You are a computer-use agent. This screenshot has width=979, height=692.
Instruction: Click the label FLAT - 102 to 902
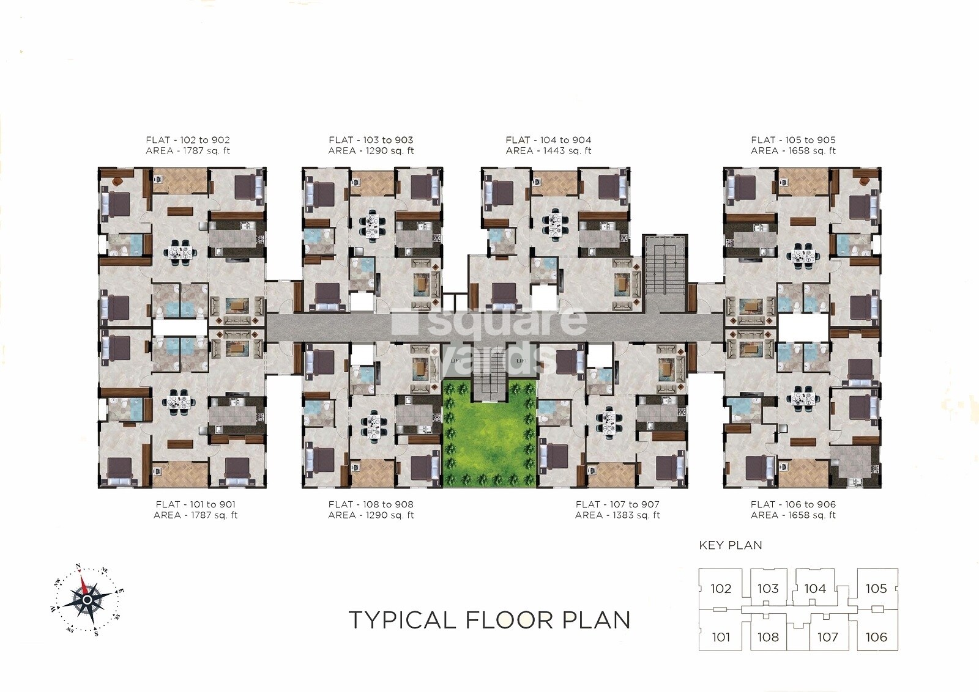coord(188,140)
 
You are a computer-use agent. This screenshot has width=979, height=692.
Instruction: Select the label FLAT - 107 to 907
coord(617,504)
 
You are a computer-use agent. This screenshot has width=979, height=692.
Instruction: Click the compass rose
coord(87,599)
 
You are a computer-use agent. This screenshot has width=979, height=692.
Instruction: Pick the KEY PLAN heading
coord(731,545)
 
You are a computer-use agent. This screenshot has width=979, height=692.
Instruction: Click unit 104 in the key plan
coord(815,589)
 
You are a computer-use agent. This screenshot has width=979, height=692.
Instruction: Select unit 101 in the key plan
coord(721,637)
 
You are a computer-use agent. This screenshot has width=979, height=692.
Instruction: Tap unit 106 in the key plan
coord(876,637)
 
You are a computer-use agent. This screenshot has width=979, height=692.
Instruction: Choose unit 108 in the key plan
coord(768,637)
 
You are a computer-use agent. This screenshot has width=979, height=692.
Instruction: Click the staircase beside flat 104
coord(664,273)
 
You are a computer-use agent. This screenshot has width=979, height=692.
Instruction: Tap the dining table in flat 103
coord(373,224)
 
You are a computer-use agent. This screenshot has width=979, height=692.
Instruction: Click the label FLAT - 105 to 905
coord(793,140)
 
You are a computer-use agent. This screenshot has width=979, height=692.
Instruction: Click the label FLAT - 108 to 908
coord(371,504)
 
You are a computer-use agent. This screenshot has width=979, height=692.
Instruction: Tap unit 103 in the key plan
coord(768,589)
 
